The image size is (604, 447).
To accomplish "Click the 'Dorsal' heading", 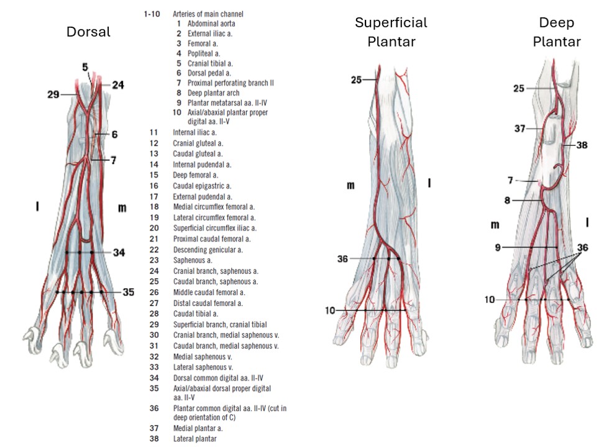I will [x=88, y=32].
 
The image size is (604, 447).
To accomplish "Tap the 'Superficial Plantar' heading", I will [x=391, y=32].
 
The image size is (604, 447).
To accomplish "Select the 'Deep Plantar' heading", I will [x=556, y=32].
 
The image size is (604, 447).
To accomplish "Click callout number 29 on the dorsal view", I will [x=53, y=94].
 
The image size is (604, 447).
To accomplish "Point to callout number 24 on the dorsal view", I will [x=117, y=85].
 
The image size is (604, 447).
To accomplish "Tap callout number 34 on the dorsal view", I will [x=120, y=252].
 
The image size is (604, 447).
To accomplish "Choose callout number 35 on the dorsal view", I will [x=128, y=291].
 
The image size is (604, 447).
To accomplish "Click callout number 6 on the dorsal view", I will [x=115, y=134].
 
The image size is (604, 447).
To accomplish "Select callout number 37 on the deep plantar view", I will [x=520, y=129].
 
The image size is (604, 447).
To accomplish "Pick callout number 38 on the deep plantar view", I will [x=581, y=145].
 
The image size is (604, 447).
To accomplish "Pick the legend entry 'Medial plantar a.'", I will [x=198, y=428].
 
